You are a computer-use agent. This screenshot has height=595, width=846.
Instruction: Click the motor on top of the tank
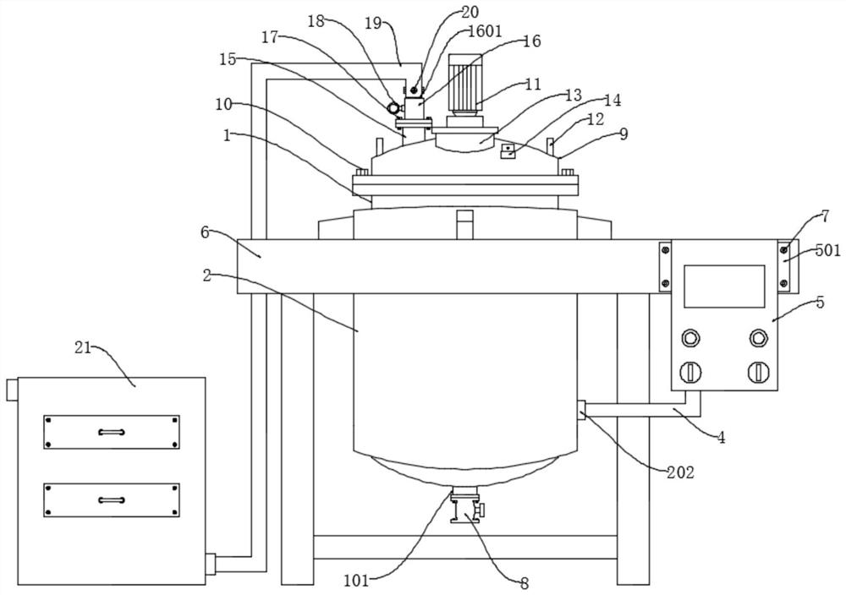pyautogui.click(x=464, y=85)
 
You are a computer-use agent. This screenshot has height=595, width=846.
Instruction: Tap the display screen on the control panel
pyautogui.click(x=724, y=287)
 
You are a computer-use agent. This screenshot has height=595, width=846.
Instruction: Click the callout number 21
pyautogui.click(x=83, y=348)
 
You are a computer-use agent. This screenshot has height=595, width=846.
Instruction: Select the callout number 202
pyautogui.click(x=680, y=472)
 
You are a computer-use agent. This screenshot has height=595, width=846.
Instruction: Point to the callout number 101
pyautogui.click(x=355, y=581)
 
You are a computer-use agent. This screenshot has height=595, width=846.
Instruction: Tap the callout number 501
pyautogui.click(x=827, y=250)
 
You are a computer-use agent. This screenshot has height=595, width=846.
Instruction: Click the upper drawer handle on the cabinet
pyautogui.click(x=112, y=432)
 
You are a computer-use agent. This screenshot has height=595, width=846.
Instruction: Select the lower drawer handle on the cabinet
pyautogui.click(x=112, y=500)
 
